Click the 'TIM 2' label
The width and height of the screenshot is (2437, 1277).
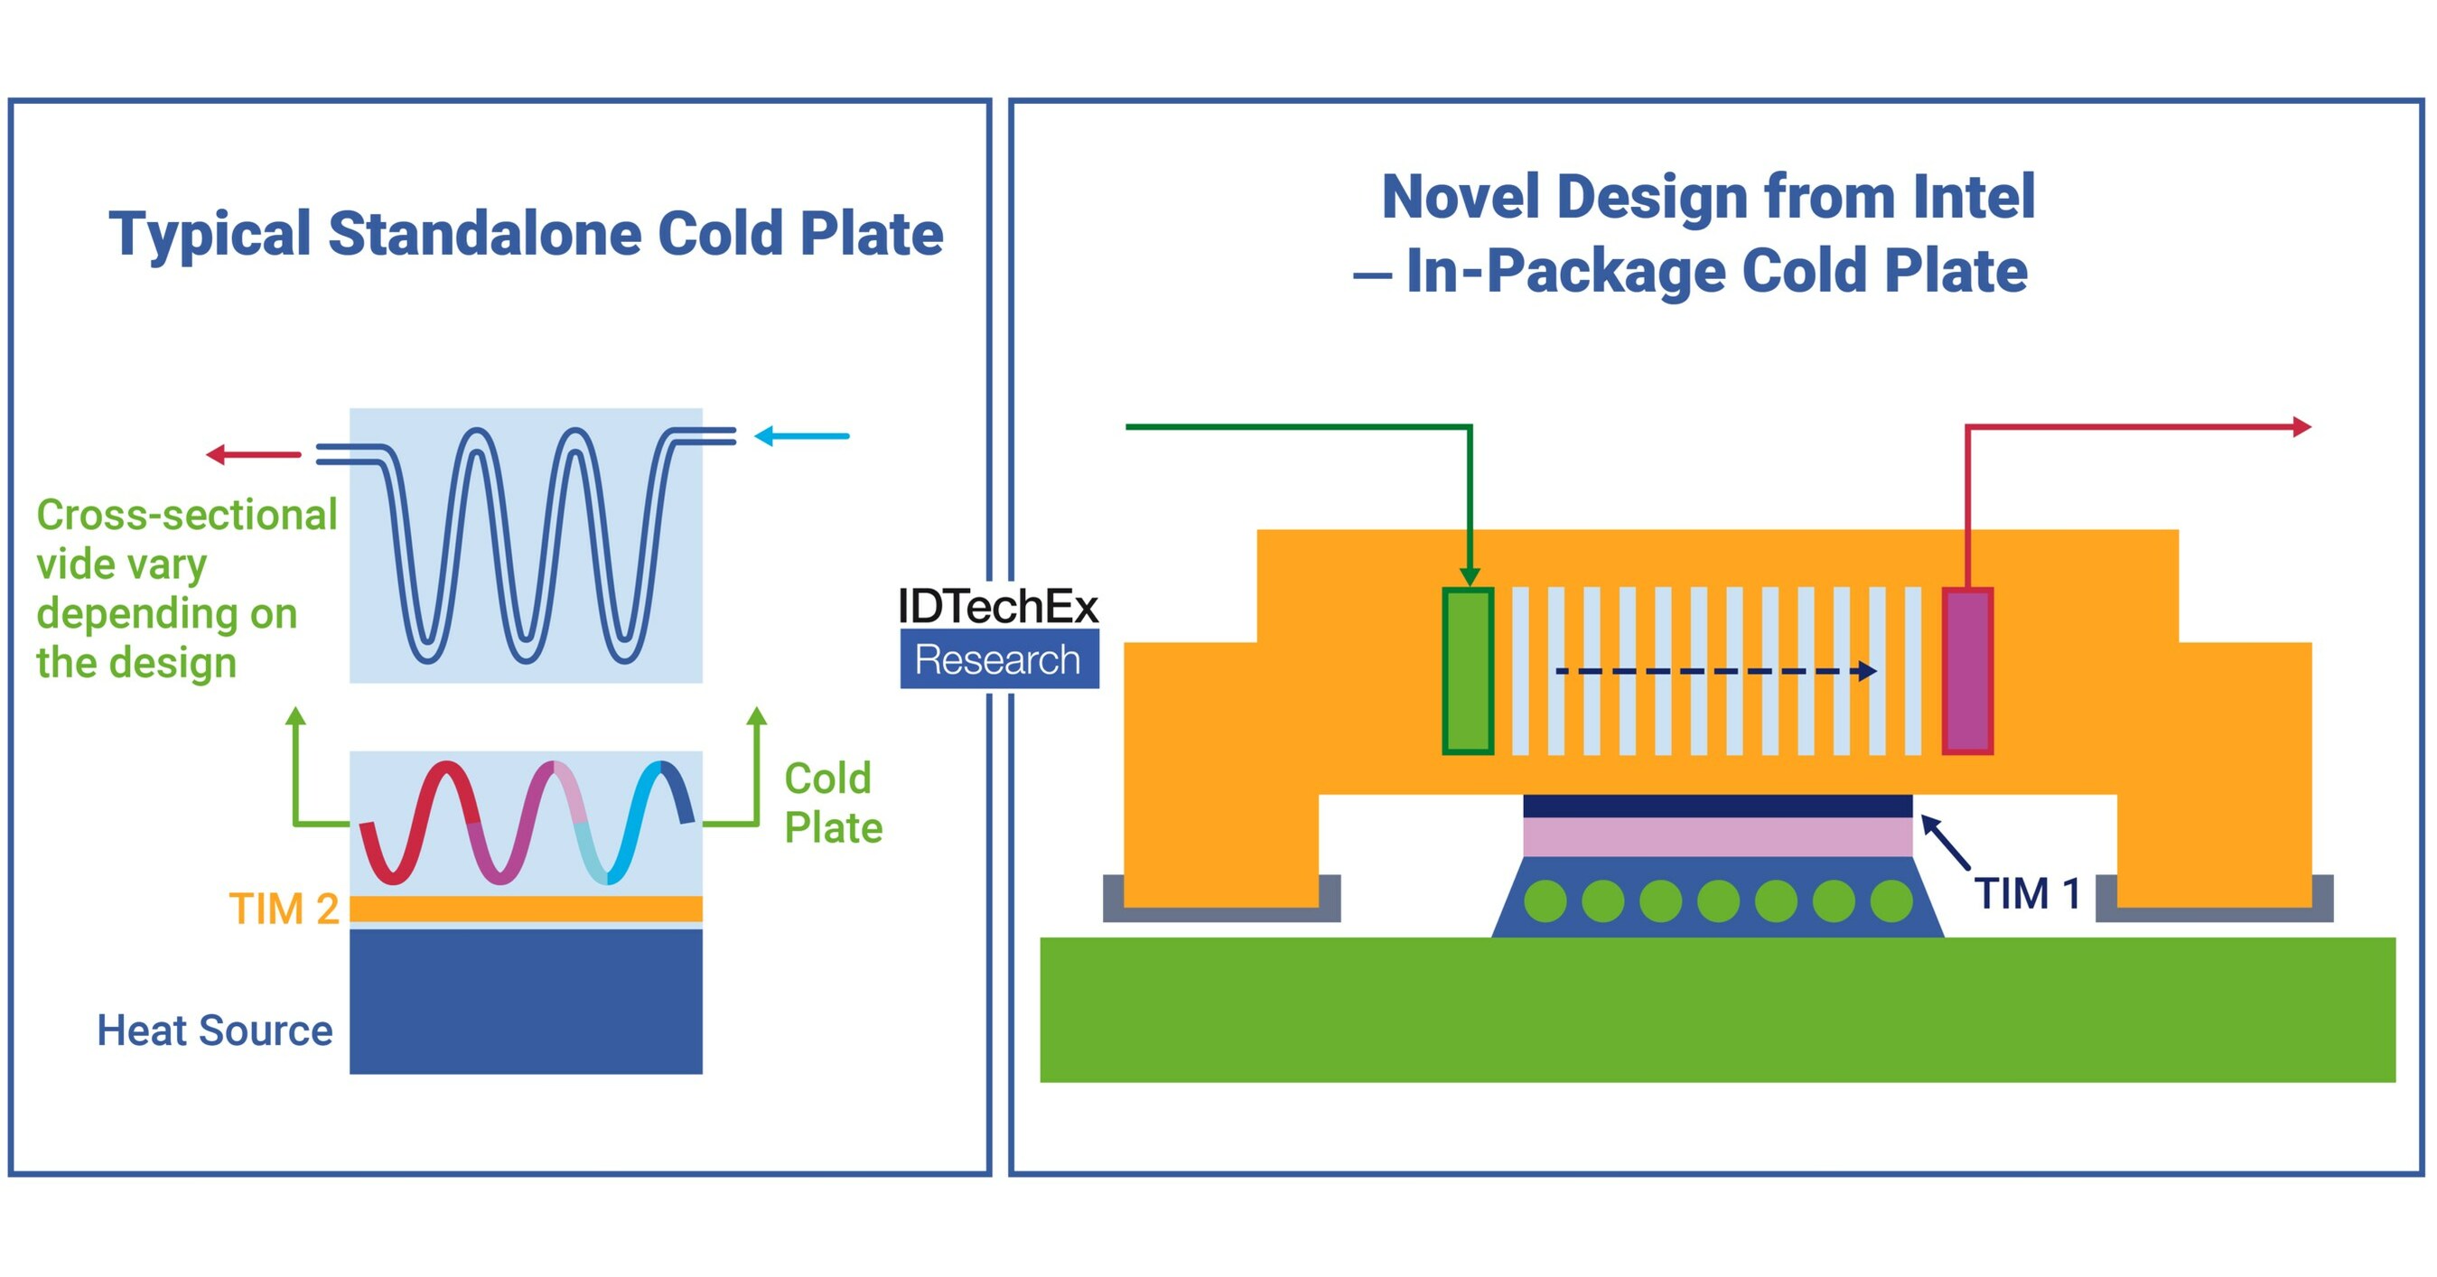[284, 909]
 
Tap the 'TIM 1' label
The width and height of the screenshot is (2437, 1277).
[2026, 894]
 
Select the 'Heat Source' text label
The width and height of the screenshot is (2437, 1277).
[215, 1030]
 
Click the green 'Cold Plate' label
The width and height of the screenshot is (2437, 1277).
[833, 803]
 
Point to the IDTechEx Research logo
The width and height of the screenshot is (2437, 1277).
[998, 635]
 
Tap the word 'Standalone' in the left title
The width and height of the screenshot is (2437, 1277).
[484, 234]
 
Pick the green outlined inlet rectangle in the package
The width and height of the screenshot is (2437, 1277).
[1467, 671]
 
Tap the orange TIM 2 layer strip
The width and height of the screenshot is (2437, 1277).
[526, 909]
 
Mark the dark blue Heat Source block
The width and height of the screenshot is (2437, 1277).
[526, 1001]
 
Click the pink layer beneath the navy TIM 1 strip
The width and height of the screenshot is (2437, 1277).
[1717, 837]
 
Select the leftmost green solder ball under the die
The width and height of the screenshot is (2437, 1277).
[1545, 900]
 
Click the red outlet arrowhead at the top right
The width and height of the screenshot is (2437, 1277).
[2301, 426]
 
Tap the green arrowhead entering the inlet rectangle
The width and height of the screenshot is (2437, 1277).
[1470, 576]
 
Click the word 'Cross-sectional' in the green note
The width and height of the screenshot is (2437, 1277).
[186, 516]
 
